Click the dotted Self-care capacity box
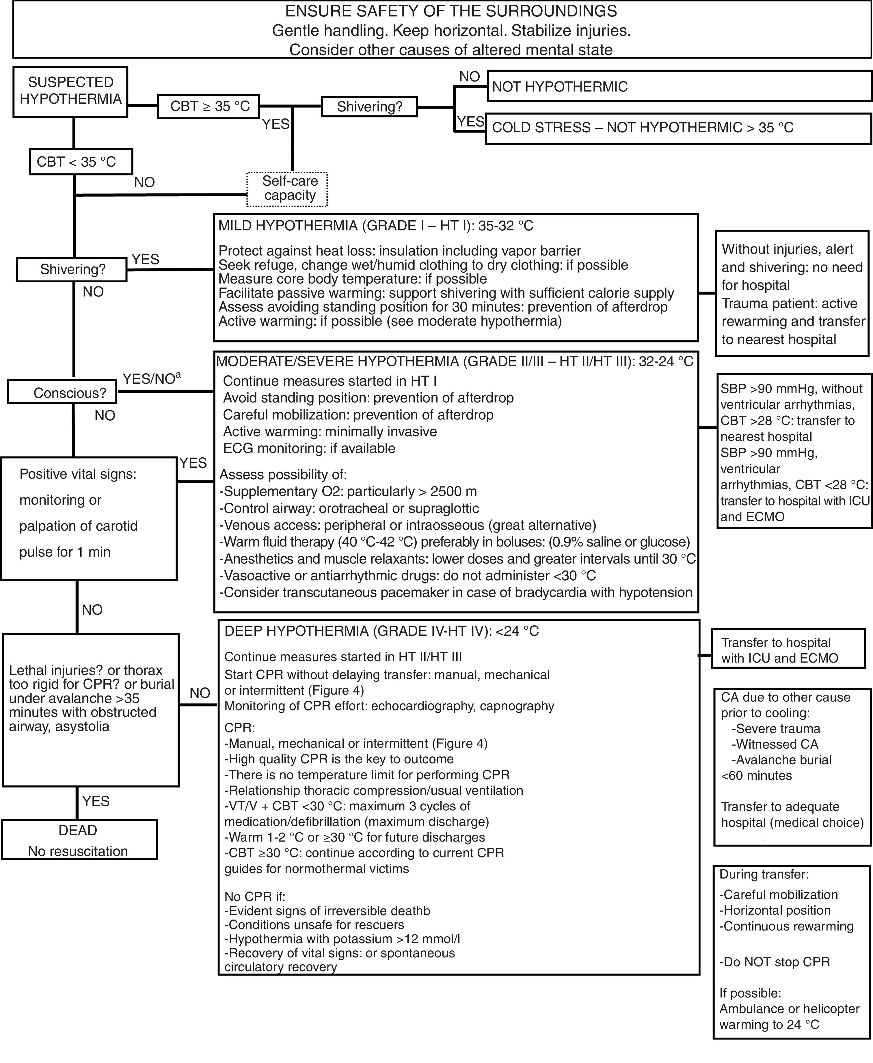coord(287,189)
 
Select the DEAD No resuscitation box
coord(79,840)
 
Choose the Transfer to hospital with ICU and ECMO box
coord(788,650)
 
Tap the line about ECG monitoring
coord(309,448)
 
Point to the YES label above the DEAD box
coord(96,801)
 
